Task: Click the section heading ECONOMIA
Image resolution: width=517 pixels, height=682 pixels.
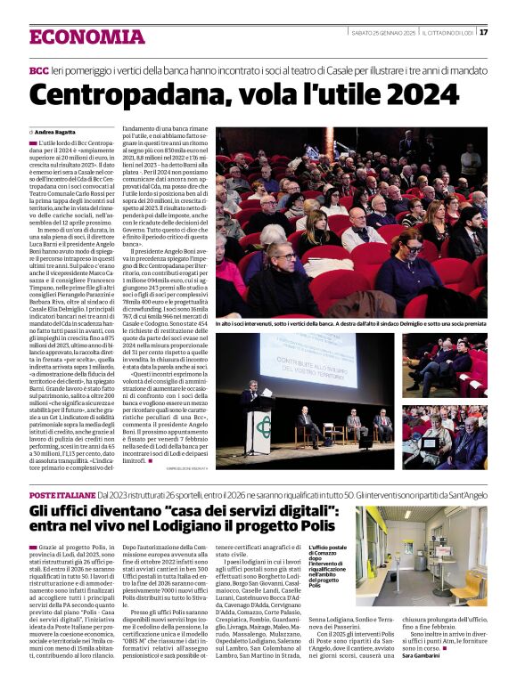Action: pyautogui.click(x=87, y=37)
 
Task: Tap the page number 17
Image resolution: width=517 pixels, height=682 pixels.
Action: pyautogui.click(x=483, y=32)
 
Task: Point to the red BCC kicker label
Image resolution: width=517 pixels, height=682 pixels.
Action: pyautogui.click(x=39, y=69)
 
